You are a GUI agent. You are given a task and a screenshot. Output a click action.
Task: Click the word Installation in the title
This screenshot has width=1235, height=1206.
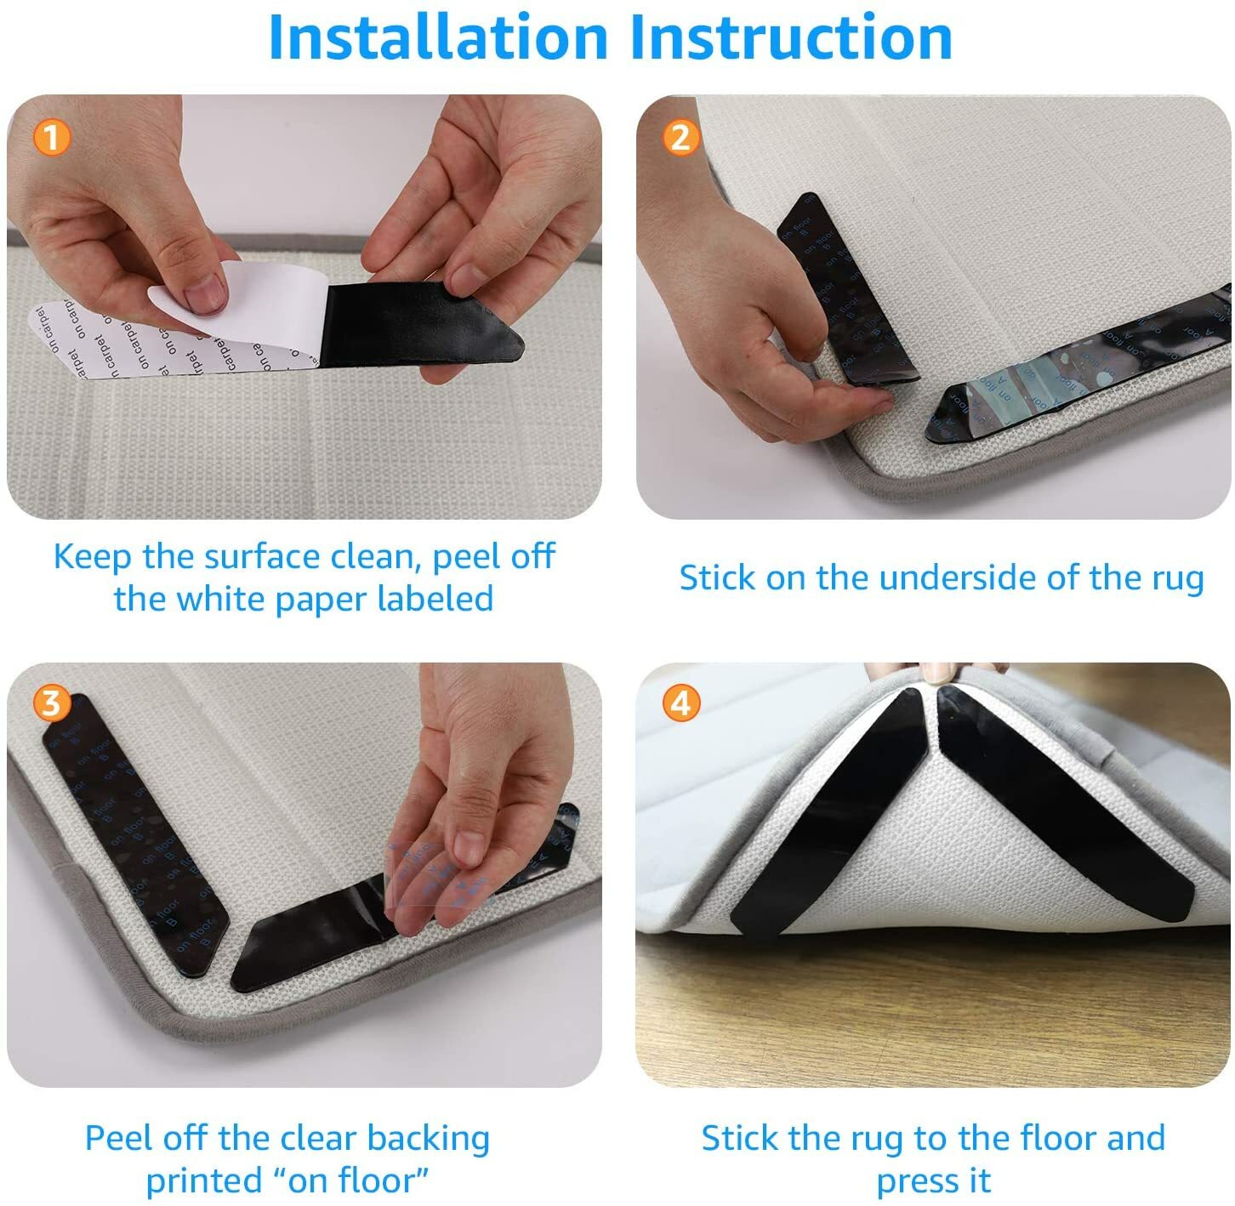pos(437,37)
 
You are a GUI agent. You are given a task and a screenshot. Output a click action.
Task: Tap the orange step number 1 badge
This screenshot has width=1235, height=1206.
pos(51,137)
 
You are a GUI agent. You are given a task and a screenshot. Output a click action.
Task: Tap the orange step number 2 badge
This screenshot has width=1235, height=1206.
pos(680,137)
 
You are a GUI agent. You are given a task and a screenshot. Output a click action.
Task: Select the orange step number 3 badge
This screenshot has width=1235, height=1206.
pos(51,703)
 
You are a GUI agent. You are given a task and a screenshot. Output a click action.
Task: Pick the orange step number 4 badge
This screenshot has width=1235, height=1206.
pos(680,703)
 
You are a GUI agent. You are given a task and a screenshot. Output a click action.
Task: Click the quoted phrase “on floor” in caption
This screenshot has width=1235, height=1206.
pos(351,1180)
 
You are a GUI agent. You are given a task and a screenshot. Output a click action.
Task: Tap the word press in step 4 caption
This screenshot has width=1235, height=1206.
pos(913,1180)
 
